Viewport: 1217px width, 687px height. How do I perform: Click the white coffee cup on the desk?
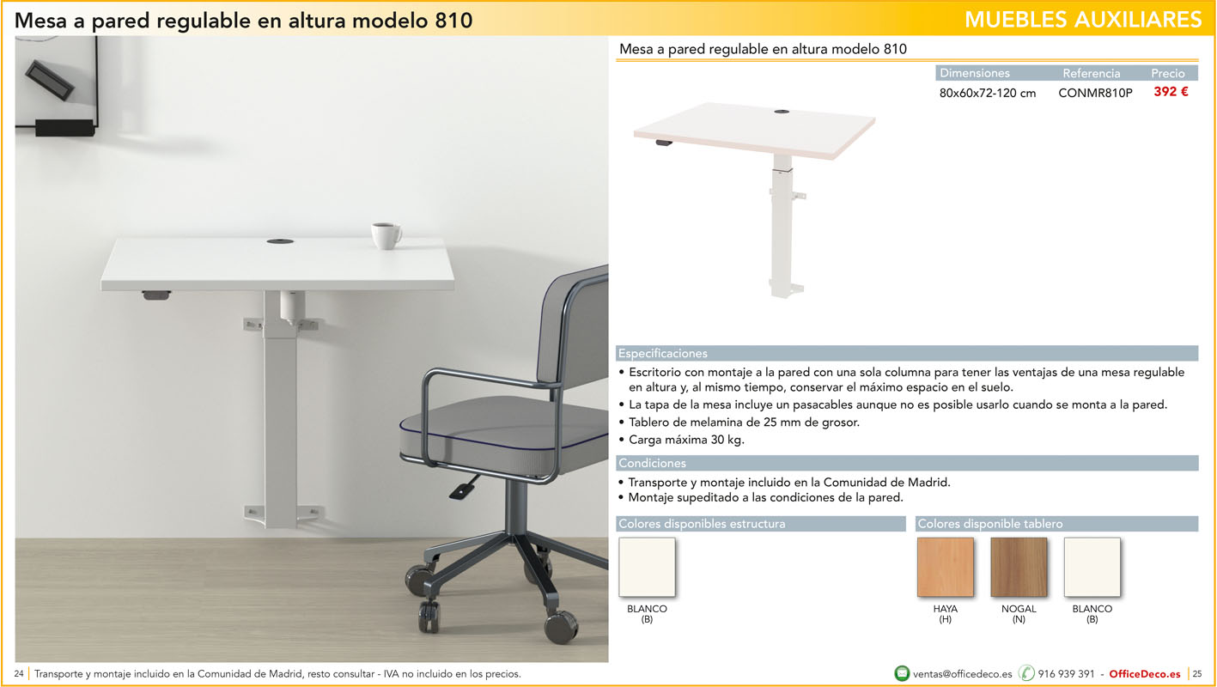click(386, 235)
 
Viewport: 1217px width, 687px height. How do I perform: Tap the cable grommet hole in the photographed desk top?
click(280, 241)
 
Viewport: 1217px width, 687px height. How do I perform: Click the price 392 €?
click(1171, 92)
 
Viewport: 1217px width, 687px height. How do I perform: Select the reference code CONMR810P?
click(1095, 93)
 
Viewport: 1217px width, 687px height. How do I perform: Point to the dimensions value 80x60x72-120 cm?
click(987, 93)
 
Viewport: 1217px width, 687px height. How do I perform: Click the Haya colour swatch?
click(946, 567)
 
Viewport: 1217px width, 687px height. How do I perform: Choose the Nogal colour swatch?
click(1019, 567)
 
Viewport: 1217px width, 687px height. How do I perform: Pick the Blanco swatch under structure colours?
click(647, 567)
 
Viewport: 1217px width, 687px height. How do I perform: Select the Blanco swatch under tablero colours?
click(1092, 567)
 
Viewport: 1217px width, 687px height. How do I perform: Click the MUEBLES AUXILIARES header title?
click(1083, 20)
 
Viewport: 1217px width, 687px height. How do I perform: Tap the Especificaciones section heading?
click(663, 354)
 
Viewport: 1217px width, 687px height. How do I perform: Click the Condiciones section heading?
click(652, 463)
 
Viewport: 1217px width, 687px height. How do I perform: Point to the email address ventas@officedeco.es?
click(962, 674)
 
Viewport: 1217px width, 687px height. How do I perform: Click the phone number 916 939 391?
click(1066, 674)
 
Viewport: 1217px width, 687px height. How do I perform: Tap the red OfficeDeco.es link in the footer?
click(1145, 674)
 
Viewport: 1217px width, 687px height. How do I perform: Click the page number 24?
click(19, 674)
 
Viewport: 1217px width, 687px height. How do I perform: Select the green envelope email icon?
click(901, 673)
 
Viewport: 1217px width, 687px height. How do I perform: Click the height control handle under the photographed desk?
click(156, 295)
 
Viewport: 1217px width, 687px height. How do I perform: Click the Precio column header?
click(1167, 73)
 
